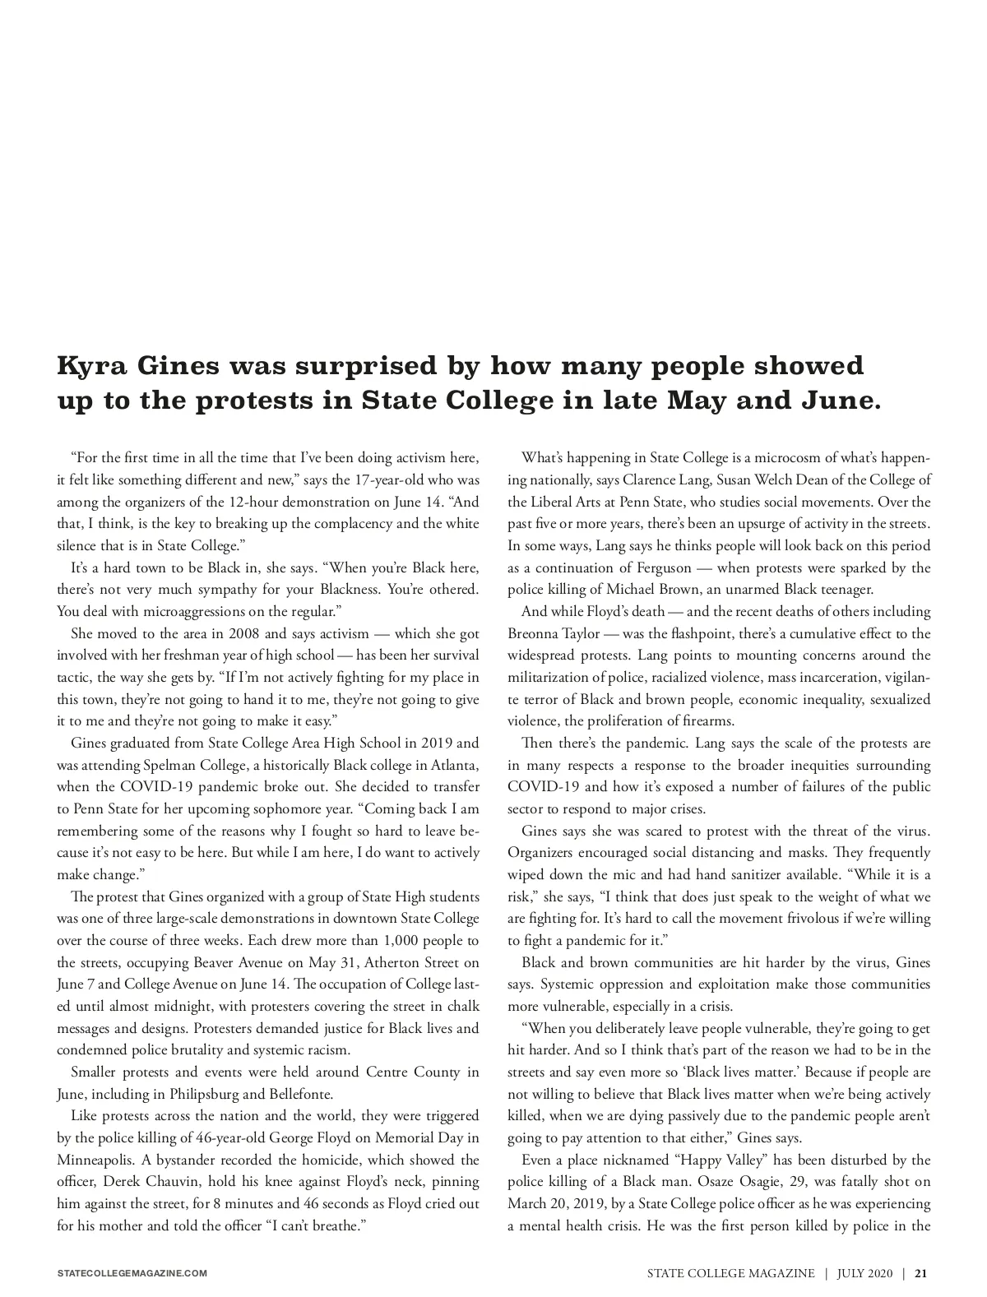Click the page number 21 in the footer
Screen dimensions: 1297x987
[x=922, y=1274]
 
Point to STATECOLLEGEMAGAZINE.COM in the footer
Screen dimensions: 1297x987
[x=132, y=1274]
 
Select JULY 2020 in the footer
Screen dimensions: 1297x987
[x=864, y=1274]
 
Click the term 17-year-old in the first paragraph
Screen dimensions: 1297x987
[x=373, y=479]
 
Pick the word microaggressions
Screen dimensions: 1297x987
[x=170, y=611]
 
